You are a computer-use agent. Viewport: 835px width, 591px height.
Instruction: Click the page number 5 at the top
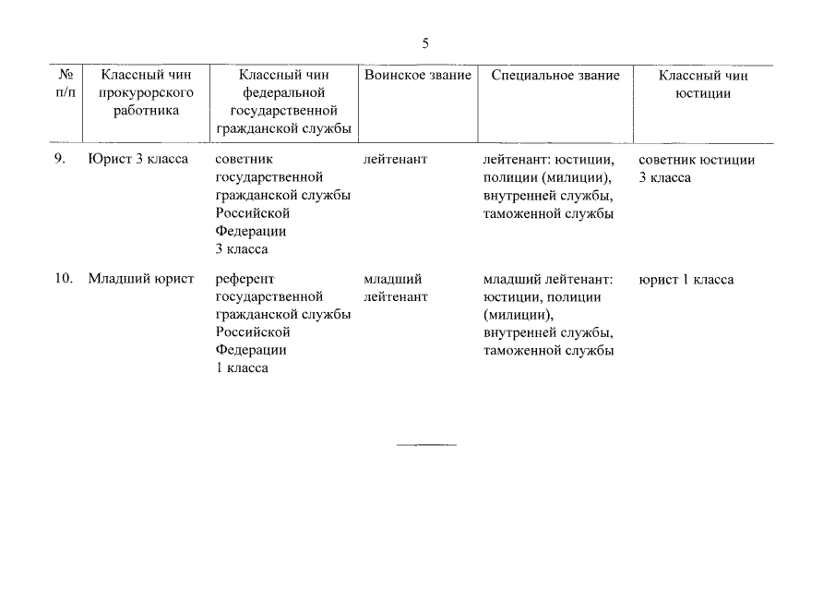pos(425,43)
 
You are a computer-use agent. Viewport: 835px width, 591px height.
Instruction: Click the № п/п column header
pos(65,84)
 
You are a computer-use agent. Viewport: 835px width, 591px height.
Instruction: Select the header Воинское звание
pos(417,75)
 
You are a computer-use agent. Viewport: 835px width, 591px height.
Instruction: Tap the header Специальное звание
pos(555,75)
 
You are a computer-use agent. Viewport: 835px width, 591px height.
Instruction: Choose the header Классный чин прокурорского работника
pos(145,92)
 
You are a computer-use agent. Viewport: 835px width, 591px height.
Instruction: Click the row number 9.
pos(59,159)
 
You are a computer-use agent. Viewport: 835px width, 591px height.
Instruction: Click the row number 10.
pos(63,279)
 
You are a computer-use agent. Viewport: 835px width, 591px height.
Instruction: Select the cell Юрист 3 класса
pos(138,159)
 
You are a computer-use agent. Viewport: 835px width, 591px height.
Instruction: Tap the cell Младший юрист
pos(140,279)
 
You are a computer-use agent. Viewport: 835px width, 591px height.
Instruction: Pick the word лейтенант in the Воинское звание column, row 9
pos(396,159)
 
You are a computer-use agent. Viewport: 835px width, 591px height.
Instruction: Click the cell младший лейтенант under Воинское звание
pos(396,288)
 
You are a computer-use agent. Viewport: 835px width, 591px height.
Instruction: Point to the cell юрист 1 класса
pos(686,279)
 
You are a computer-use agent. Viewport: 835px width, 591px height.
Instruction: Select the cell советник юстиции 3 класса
pos(697,168)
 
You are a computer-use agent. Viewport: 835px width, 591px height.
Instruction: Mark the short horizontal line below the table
pos(426,445)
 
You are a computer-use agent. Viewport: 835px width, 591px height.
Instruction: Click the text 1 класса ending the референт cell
pos(242,368)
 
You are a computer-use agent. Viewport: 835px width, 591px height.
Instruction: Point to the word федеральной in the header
pos(283,92)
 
